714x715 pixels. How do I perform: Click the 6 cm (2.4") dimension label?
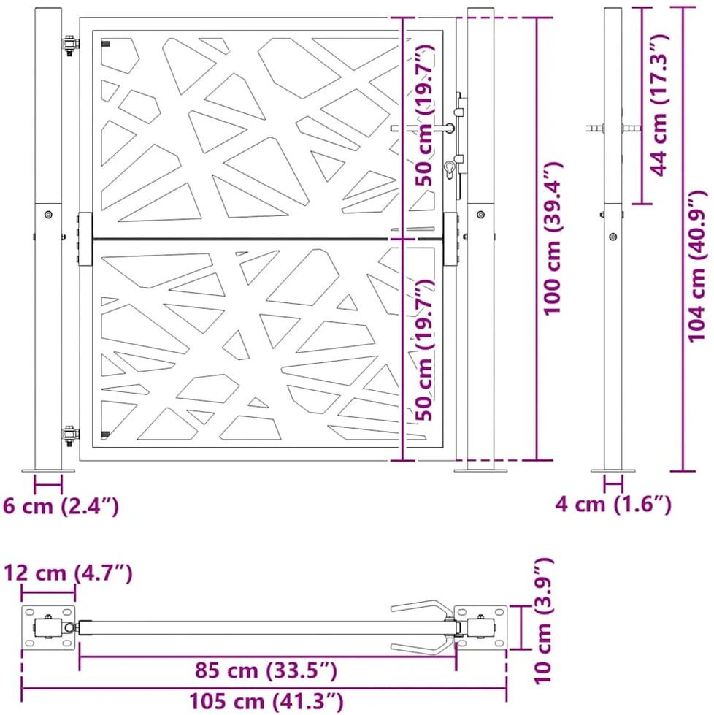click(61, 505)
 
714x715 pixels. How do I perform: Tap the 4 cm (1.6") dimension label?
click(613, 504)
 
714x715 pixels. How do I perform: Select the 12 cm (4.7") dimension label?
click(68, 573)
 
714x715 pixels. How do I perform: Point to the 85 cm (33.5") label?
click(266, 670)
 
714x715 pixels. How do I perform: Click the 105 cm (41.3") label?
click(266, 701)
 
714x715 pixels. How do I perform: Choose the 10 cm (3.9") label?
click(543, 621)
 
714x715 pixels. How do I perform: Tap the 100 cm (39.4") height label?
click(553, 238)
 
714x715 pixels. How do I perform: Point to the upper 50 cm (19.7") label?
click(425, 115)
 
